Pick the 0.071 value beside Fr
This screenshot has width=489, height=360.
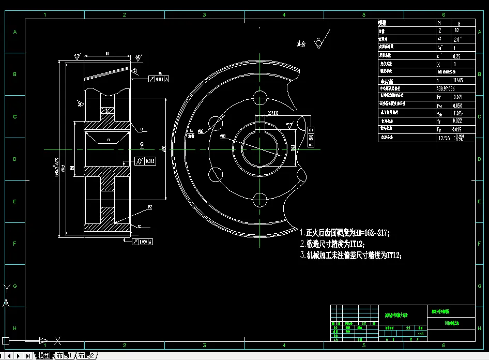tap(457, 97)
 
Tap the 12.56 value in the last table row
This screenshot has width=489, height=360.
tap(444, 138)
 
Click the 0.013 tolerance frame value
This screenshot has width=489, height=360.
tap(149, 161)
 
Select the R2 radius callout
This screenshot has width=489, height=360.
tap(149, 207)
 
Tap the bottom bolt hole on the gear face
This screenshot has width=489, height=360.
tap(259, 199)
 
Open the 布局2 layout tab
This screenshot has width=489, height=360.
tap(86, 356)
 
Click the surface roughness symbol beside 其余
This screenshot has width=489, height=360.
tap(319, 42)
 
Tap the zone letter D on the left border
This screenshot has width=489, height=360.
tap(15, 159)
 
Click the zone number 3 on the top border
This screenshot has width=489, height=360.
tap(204, 15)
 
